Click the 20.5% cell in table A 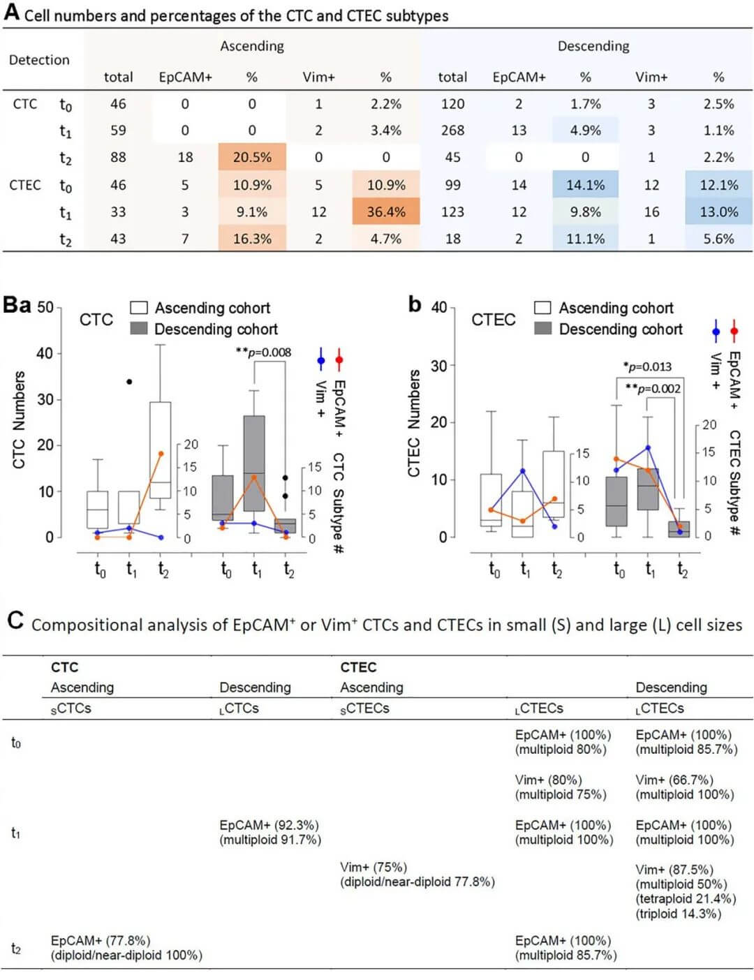pos(252,158)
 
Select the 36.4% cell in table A pos(386,212)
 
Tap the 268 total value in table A pos(452,131)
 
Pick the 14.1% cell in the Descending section pos(585,185)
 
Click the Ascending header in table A pos(252,46)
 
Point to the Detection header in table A pos(39,60)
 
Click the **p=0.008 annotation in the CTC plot pos(264,352)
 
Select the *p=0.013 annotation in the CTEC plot pos(647,366)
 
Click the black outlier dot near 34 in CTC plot pos(129,382)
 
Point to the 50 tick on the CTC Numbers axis pos(45,307)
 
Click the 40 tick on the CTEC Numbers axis pos(438,307)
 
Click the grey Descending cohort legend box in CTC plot pos(139,329)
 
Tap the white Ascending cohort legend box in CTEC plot pos(542,308)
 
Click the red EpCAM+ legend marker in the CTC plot pos(339,361)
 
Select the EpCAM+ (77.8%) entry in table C pos(101,941)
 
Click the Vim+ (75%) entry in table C pos(374,867)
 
